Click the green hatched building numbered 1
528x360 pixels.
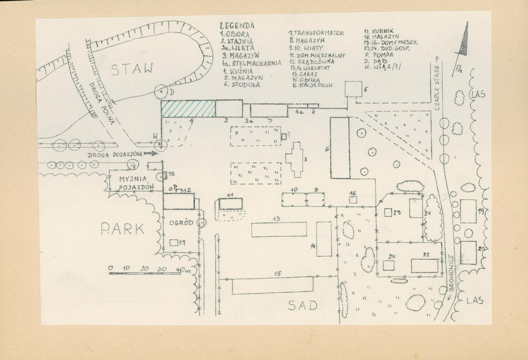pos(188,108)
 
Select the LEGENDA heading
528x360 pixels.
pos(237,26)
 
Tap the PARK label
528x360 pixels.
pos(122,229)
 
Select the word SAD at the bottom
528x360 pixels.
pos(303,305)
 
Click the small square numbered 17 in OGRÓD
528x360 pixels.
pos(174,242)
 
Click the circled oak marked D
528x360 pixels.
pos(161,92)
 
